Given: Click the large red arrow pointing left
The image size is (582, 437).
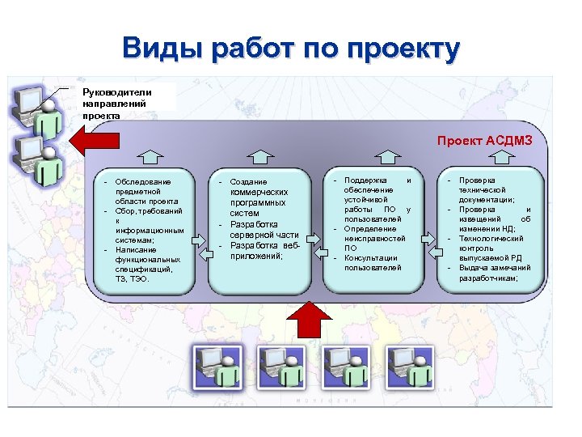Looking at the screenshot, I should [x=89, y=140].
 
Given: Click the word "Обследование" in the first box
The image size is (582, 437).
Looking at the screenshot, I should [x=143, y=181].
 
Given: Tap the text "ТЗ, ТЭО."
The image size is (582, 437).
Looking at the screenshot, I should [x=133, y=278].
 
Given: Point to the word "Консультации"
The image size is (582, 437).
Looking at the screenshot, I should [x=371, y=258].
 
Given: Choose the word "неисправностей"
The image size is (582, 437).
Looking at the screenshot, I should [x=375, y=239].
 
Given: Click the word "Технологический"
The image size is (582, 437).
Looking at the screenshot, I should [x=491, y=239].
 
